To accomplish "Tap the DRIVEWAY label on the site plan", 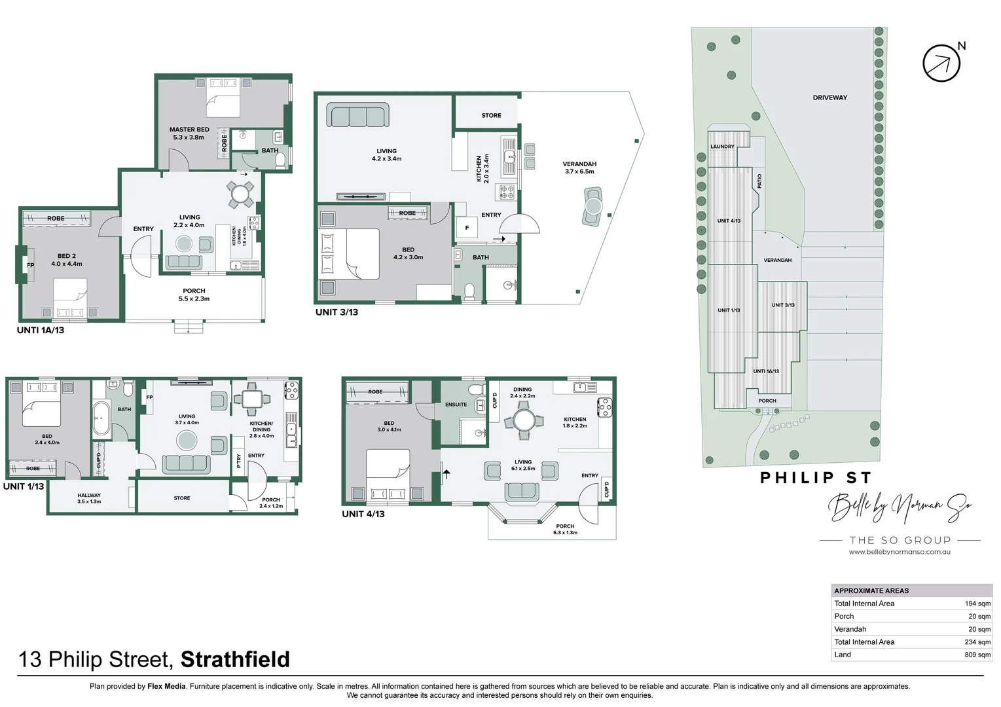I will click(829, 98).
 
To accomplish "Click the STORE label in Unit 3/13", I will click(491, 115).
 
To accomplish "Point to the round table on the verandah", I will click(593, 206).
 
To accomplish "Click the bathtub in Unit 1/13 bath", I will click(101, 419).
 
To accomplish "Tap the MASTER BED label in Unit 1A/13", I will click(189, 130).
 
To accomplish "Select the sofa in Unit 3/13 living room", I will click(357, 116).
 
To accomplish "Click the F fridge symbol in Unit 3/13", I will click(467, 228).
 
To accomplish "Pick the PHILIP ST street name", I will click(815, 478).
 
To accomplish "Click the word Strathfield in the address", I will click(234, 659).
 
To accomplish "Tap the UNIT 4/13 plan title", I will click(363, 514).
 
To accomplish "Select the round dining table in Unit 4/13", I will click(523, 420).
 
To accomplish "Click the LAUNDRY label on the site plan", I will click(722, 147).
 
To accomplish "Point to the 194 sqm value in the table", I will click(977, 604).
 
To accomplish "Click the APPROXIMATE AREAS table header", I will click(871, 590).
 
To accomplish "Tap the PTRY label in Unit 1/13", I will click(239, 462).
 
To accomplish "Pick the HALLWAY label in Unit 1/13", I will click(89, 496).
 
